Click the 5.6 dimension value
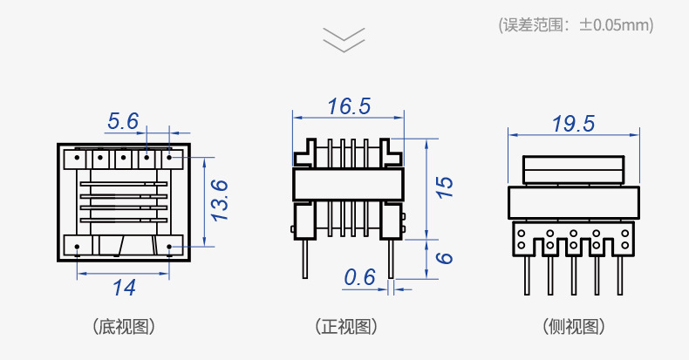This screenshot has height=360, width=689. click(123, 121)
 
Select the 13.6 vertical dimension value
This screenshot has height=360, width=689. click(220, 200)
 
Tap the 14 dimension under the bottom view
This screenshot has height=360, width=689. click(124, 287)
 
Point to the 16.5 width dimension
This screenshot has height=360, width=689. click(349, 106)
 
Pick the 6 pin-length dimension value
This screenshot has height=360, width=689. click(444, 259)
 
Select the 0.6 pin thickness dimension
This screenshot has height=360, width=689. click(359, 277)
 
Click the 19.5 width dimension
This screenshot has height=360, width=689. click(573, 124)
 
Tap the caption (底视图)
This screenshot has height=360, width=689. click(124, 327)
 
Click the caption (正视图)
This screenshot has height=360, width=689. click(346, 327)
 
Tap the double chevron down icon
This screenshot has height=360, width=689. click(344, 39)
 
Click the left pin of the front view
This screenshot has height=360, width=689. click(304, 258)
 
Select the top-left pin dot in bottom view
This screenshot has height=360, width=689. click(78, 159)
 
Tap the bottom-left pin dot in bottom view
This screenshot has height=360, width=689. click(78, 248)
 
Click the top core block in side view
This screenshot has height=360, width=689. click(573, 168)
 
